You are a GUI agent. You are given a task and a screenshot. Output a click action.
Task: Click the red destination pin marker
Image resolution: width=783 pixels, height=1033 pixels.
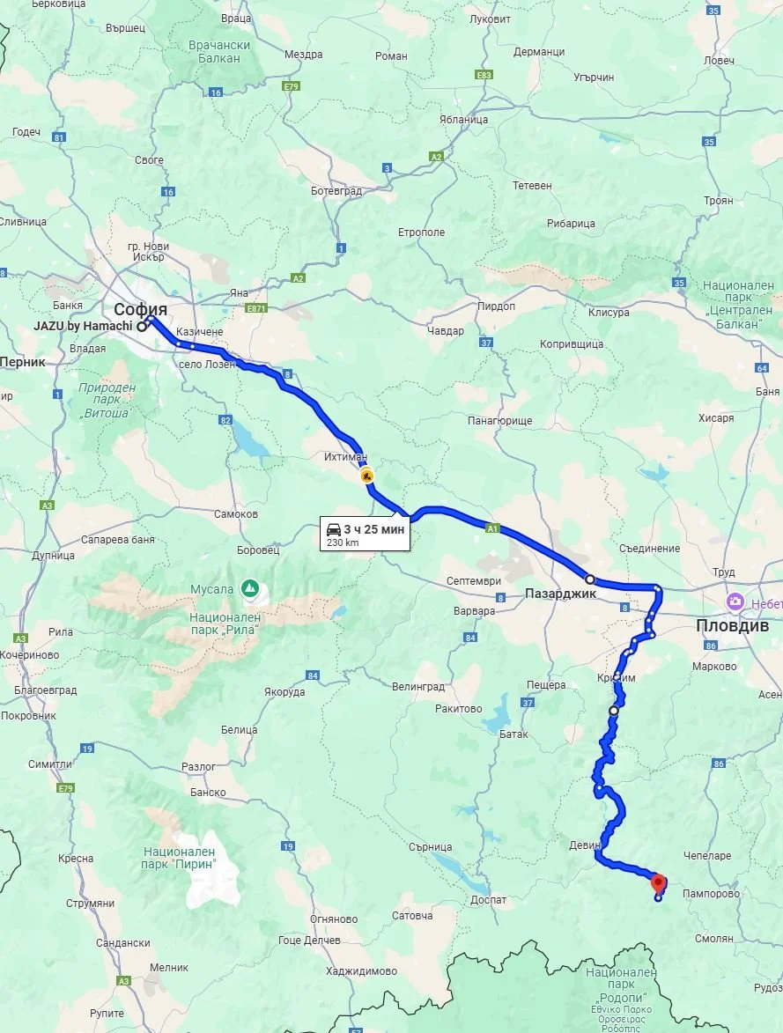click(x=658, y=882)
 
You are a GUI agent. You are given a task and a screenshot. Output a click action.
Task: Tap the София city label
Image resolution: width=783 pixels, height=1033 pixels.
click(x=140, y=309)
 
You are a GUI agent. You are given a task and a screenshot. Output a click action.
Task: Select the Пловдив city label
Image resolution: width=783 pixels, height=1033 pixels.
click(x=732, y=625)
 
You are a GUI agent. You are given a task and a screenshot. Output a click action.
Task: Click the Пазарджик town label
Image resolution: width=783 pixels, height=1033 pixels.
click(x=560, y=594)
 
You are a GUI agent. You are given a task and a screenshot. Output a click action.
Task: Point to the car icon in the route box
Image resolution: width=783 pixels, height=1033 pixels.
click(x=334, y=529)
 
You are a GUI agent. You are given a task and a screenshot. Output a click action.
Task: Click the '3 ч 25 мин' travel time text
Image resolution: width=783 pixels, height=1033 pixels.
click(x=373, y=529)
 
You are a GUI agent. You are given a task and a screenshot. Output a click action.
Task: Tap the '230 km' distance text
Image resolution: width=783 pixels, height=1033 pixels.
click(x=343, y=542)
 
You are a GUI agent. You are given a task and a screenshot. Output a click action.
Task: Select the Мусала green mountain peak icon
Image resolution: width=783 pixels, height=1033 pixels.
click(x=251, y=587)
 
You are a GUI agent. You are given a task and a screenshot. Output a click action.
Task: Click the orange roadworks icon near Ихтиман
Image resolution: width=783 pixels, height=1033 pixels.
click(x=366, y=476)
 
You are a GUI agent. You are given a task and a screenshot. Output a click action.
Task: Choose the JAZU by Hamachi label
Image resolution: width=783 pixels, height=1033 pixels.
click(x=83, y=326)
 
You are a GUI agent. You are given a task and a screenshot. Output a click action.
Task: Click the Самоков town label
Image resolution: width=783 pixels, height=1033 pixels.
click(x=236, y=513)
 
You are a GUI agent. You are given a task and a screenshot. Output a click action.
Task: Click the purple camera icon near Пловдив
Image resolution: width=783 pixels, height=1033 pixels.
click(x=734, y=601)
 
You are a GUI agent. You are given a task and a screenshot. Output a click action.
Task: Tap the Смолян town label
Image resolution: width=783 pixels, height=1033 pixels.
click(x=713, y=939)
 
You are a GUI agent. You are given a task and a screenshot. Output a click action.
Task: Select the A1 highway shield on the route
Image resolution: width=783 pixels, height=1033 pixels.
click(x=492, y=528)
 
